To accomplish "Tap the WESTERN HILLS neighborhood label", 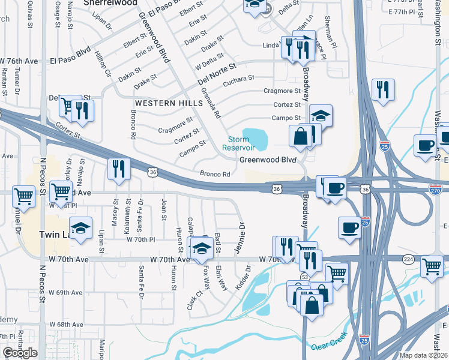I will [x=169, y=103].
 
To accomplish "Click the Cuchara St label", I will [x=239, y=79].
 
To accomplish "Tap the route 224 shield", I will [x=409, y=259].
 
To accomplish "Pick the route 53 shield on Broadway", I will [x=304, y=277].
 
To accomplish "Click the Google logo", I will [x=20, y=353].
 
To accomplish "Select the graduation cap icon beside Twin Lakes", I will [x=80, y=228].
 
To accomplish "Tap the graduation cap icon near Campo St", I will [x=321, y=115].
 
